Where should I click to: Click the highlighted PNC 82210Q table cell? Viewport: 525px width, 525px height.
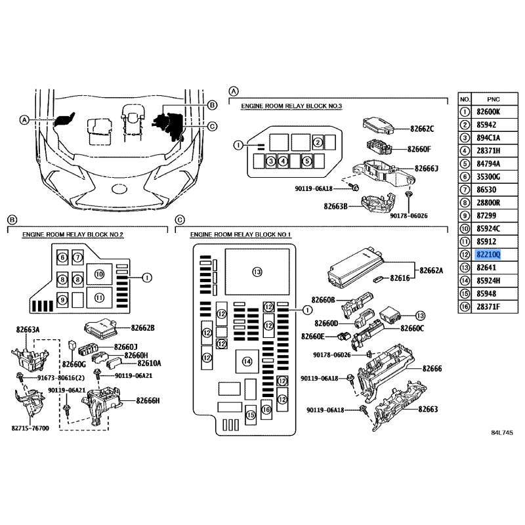pyautogui.click(x=488, y=255)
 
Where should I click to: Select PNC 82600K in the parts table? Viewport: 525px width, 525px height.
pyautogui.click(x=488, y=112)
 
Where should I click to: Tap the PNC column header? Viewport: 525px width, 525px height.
pyautogui.click(x=493, y=100)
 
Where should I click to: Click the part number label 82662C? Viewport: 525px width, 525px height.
pyautogui.click(x=422, y=129)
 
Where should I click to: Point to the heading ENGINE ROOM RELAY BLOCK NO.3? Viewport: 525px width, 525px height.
pyautogui.click(x=291, y=106)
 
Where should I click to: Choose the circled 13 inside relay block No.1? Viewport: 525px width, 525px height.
pyautogui.click(x=257, y=272)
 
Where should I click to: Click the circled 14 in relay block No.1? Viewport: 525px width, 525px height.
pyautogui.click(x=247, y=362)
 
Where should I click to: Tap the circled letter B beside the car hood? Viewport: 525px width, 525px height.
pyautogui.click(x=212, y=105)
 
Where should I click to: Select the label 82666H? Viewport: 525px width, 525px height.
pyautogui.click(x=148, y=400)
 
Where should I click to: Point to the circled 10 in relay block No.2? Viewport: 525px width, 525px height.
pyautogui.click(x=100, y=274)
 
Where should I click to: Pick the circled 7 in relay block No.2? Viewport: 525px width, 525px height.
pyautogui.click(x=77, y=257)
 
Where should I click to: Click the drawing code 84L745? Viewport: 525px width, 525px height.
pyautogui.click(x=502, y=432)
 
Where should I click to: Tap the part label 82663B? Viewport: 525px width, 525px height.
pyautogui.click(x=335, y=206)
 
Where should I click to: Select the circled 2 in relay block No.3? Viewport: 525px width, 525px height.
pyautogui.click(x=318, y=143)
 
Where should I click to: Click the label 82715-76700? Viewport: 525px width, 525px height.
pyautogui.click(x=30, y=429)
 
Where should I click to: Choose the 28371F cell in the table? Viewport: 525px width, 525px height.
pyautogui.click(x=488, y=306)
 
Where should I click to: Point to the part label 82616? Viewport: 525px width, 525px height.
pyautogui.click(x=400, y=278)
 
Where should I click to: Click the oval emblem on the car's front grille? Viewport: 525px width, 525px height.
pyautogui.click(x=119, y=189)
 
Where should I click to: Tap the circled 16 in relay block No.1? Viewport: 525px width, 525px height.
pyautogui.click(x=266, y=409)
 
